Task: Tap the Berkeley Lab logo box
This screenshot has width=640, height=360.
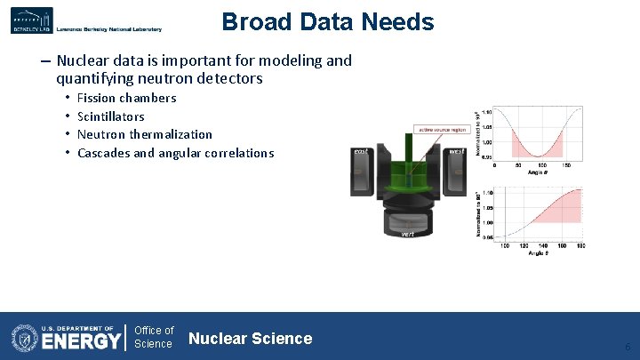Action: [31, 20]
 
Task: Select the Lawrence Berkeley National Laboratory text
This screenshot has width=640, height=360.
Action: [108, 29]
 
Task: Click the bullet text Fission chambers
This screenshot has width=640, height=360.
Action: [126, 98]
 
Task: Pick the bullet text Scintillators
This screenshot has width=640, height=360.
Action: [110, 116]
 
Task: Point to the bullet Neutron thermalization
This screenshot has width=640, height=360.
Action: [144, 134]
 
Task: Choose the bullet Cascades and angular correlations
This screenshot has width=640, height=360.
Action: [175, 153]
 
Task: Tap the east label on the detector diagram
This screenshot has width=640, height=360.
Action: [361, 152]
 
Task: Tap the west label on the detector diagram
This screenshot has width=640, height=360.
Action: [456, 151]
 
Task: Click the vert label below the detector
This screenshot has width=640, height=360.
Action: [407, 233]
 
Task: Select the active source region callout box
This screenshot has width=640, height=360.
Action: [442, 129]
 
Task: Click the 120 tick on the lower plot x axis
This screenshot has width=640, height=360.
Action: [524, 245]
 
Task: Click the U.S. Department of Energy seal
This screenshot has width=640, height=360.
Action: [25, 338]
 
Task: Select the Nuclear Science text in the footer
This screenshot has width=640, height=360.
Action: [250, 338]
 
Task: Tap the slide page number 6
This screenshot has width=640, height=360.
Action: [628, 347]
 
